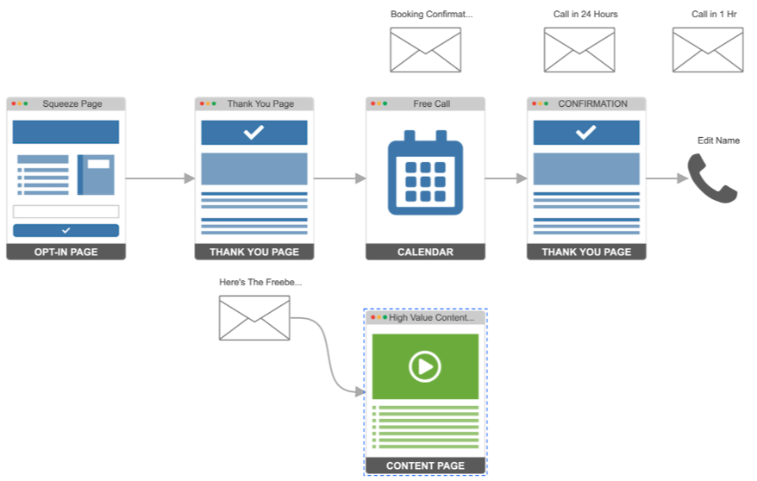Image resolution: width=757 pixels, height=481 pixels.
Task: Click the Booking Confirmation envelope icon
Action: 425,50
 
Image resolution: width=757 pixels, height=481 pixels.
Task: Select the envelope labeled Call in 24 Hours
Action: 579,50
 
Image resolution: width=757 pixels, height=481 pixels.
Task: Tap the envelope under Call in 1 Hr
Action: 707,50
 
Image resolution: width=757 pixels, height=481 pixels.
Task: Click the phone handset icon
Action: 712,178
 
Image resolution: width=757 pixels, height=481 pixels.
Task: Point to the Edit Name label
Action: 718,141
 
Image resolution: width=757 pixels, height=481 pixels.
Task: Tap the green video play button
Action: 424,366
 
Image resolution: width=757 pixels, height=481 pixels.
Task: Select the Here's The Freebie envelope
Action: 253,318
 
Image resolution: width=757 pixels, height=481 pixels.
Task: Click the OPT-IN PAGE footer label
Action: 66,252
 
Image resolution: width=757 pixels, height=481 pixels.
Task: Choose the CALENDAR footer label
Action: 425,252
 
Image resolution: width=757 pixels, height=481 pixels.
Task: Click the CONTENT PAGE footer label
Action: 425,465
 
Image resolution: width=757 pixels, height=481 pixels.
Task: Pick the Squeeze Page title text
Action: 72,104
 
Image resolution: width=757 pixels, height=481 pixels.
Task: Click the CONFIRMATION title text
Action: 592,104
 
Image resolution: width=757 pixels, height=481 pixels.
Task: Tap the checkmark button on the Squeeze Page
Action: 66,230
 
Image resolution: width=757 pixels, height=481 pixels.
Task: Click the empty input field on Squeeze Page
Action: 66,211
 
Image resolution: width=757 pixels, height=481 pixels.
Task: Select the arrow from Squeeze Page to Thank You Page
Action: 160,178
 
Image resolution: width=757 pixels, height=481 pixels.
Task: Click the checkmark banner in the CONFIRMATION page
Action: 586,133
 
